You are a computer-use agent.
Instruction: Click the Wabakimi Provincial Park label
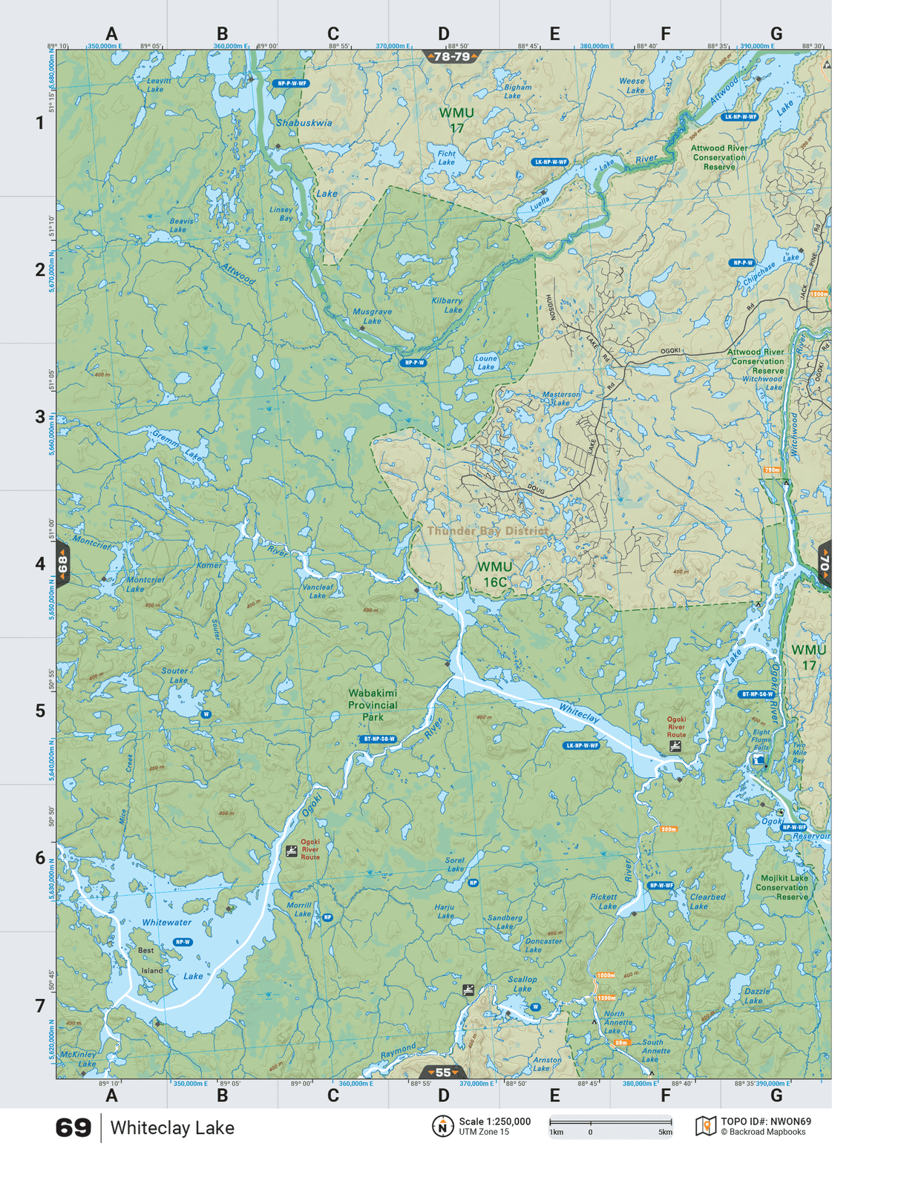(373, 705)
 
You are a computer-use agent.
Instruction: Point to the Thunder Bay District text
(488, 531)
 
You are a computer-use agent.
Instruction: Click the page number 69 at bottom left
(73, 1128)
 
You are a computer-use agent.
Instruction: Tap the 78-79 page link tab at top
(451, 56)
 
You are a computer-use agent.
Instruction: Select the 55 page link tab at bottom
(442, 1072)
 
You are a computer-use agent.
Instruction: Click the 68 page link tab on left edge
(63, 564)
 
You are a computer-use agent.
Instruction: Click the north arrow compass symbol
(442, 1127)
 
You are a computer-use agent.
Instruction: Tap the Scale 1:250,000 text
(494, 1121)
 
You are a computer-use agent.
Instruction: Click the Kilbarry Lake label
(448, 305)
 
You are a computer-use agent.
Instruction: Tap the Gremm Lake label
(177, 444)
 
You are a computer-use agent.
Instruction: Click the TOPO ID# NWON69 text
(765, 1121)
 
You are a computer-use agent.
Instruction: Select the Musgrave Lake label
(372, 316)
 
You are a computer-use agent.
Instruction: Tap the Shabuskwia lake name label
(304, 122)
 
